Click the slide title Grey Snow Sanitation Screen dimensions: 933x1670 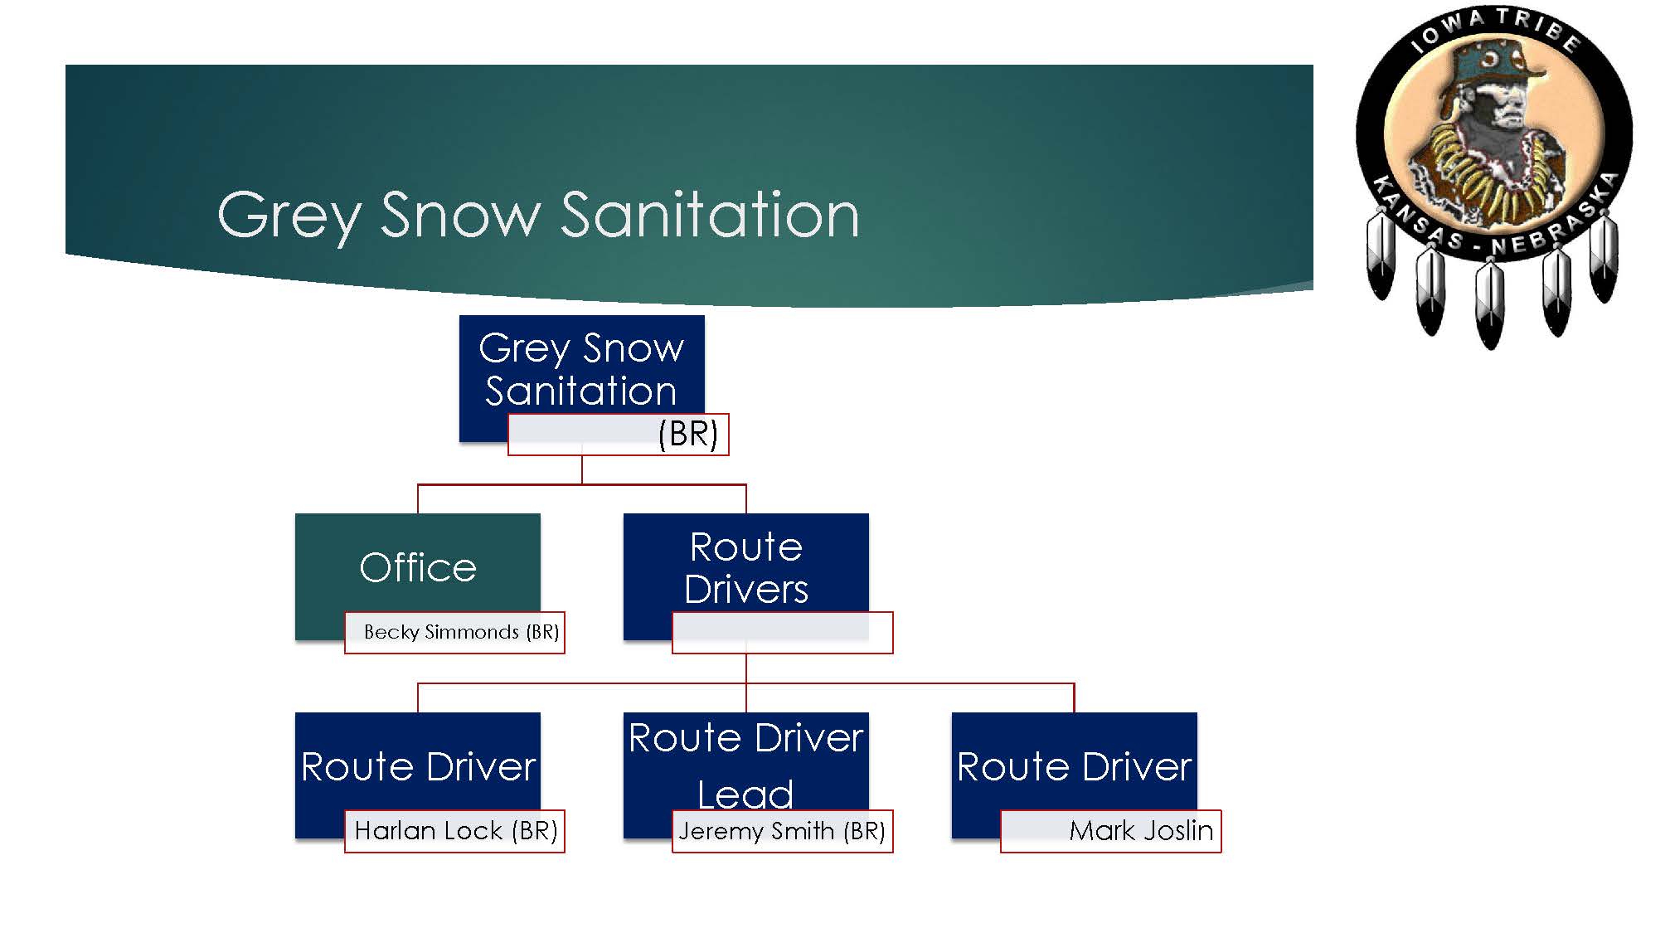click(537, 215)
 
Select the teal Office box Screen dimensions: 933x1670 click(417, 568)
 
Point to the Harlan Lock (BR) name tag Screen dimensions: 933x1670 click(454, 831)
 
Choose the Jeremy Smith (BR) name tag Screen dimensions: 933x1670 click(782, 831)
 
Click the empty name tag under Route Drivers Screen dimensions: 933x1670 click(782, 633)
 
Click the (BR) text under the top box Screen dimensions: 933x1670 click(687, 435)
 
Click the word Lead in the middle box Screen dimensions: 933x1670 click(745, 794)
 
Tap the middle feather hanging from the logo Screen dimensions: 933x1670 click(1489, 303)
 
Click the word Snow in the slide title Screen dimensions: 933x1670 click(460, 215)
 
